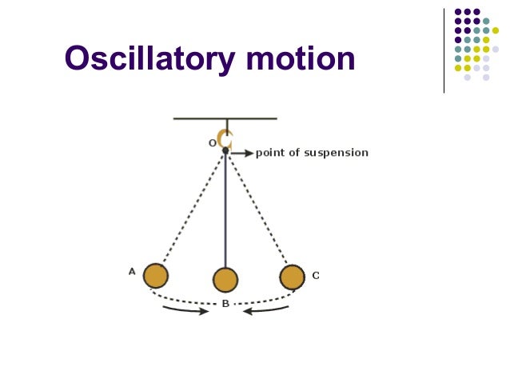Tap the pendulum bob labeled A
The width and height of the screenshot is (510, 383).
tap(155, 276)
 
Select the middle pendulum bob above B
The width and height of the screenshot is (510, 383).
tap(225, 280)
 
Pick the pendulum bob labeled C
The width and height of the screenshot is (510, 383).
tap(292, 277)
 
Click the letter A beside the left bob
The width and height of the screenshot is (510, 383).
tap(132, 271)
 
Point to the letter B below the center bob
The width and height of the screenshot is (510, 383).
tap(225, 304)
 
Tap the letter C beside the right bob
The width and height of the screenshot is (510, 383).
tap(316, 275)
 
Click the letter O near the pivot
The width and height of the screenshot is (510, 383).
tap(213, 143)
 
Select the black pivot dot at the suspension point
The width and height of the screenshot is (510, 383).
tap(225, 150)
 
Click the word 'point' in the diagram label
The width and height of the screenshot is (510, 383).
tap(269, 153)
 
